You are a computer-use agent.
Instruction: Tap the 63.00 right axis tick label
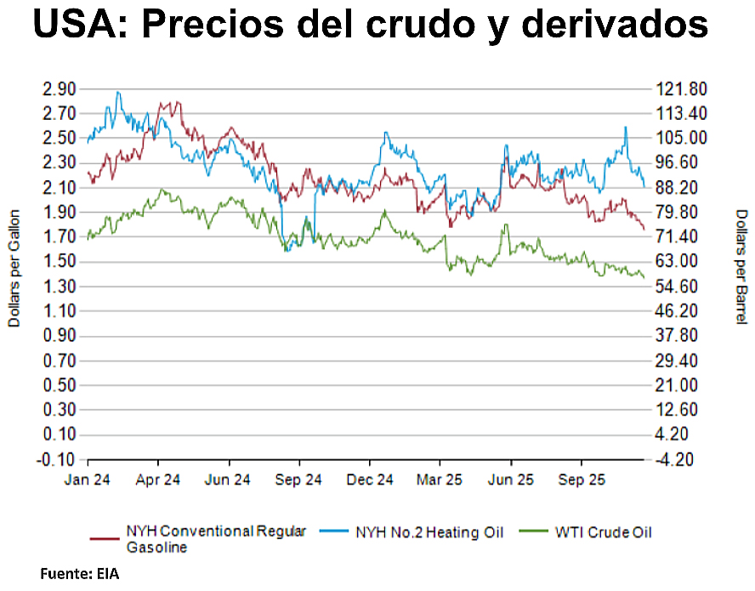click(x=679, y=261)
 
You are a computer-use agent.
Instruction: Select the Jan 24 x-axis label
click(x=88, y=480)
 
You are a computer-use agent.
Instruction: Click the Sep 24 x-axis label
click(x=299, y=480)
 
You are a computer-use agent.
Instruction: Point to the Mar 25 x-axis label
click(x=440, y=480)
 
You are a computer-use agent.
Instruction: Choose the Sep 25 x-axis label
click(x=581, y=480)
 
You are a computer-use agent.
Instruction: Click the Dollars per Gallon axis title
click(x=14, y=271)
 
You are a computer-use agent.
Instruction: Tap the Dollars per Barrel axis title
click(x=741, y=266)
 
